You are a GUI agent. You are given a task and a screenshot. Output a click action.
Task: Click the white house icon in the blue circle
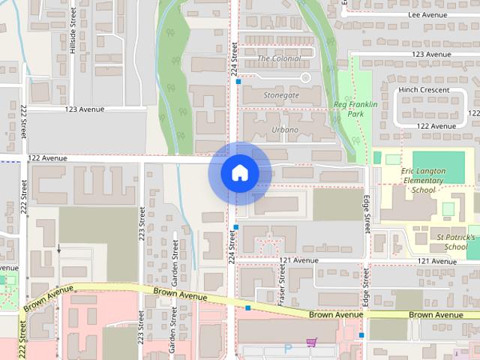click(x=239, y=173)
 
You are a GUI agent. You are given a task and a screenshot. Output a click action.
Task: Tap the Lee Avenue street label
click(x=428, y=14)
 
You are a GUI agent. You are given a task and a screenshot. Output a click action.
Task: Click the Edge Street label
click(x=367, y=213)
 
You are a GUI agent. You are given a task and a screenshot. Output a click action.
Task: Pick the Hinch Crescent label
click(x=424, y=89)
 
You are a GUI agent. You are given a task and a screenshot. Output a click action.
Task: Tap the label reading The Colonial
click(x=278, y=58)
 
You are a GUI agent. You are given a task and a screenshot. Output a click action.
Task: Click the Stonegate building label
click(x=281, y=96)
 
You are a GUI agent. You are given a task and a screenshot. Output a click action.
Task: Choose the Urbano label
click(x=284, y=130)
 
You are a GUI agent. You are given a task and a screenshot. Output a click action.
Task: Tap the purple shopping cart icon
click(x=311, y=343)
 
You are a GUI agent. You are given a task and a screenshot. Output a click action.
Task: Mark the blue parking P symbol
click(x=287, y=349)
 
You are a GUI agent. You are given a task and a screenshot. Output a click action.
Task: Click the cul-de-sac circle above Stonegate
click(x=304, y=77)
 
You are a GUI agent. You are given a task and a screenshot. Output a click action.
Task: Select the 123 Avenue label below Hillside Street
click(x=85, y=109)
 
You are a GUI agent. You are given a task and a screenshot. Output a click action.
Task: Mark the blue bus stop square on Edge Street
click(x=361, y=335)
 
